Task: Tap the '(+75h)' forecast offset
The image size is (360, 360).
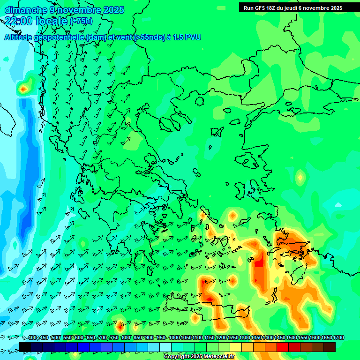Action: tap(81, 21)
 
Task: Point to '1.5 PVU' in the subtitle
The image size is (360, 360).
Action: tap(187, 37)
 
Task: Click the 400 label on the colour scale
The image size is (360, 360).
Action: tap(32, 338)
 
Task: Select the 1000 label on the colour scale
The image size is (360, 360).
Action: tap(174, 338)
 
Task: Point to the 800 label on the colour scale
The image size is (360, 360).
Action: tap(126, 338)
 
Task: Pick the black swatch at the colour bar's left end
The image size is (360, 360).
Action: tap(25, 347)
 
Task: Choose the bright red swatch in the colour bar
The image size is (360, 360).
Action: tap(283, 347)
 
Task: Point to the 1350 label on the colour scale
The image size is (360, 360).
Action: tap(256, 338)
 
